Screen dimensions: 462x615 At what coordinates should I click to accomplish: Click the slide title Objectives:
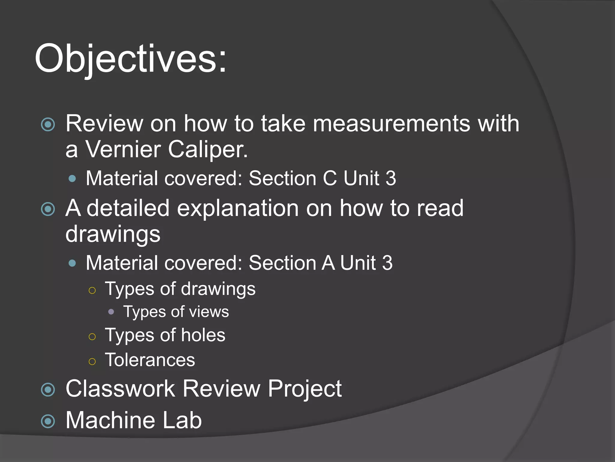pos(131,59)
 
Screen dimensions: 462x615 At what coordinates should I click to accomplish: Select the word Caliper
pos(208,149)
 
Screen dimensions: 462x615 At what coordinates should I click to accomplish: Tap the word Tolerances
pos(150,360)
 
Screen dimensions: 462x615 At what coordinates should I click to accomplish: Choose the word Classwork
pos(120,389)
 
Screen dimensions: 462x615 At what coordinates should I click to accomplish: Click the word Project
pos(304,389)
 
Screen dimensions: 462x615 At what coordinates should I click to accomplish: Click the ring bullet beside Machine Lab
pos(48,421)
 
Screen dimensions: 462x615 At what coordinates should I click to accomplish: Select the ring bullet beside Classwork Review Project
pos(48,390)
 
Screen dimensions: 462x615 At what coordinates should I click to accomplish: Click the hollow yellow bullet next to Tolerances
pos(92,361)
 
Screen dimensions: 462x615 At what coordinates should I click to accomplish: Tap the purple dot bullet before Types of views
pos(111,312)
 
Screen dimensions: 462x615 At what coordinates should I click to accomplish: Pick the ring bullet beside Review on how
pos(48,125)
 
